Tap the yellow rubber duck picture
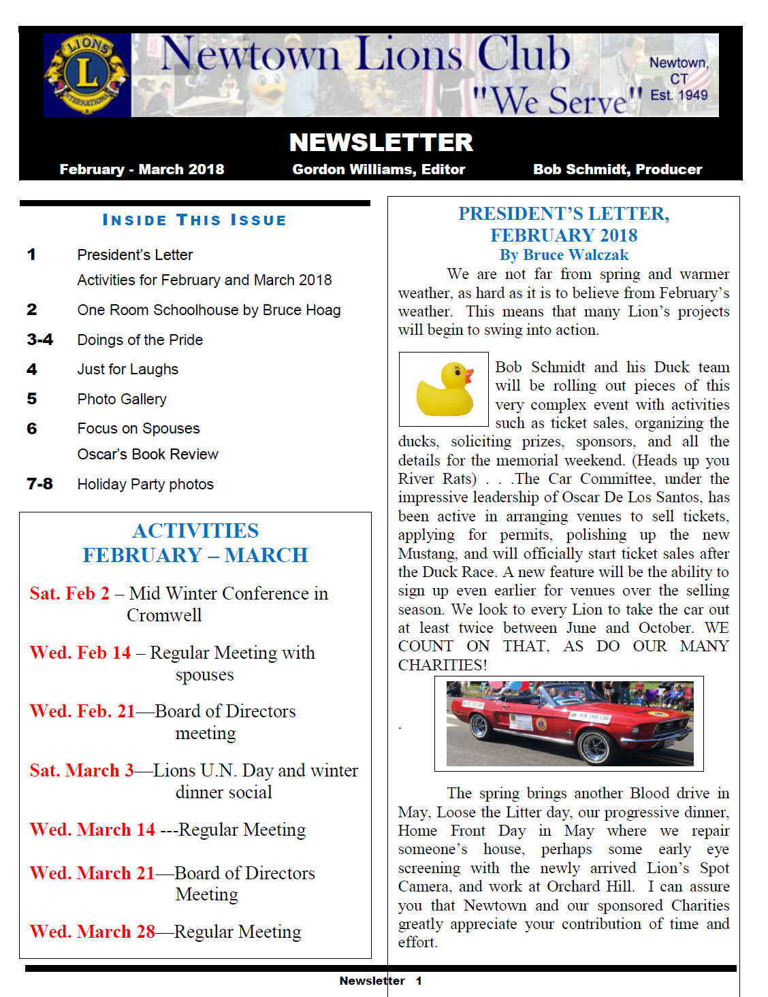(444, 389)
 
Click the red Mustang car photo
(569, 723)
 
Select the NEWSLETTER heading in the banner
(381, 143)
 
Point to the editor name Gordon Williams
(379, 169)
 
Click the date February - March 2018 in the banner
(142, 169)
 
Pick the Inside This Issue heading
(195, 220)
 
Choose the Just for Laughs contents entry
(127, 370)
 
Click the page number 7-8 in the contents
(39, 484)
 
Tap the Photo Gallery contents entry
(122, 399)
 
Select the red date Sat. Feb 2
(69, 593)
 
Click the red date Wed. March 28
(93, 932)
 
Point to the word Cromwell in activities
(164, 615)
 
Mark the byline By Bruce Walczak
(564, 255)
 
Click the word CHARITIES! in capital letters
(443, 665)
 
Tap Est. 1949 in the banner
(679, 95)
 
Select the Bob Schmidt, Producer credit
(617, 169)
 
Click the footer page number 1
(419, 981)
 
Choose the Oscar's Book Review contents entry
(148, 455)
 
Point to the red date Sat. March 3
(82, 770)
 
